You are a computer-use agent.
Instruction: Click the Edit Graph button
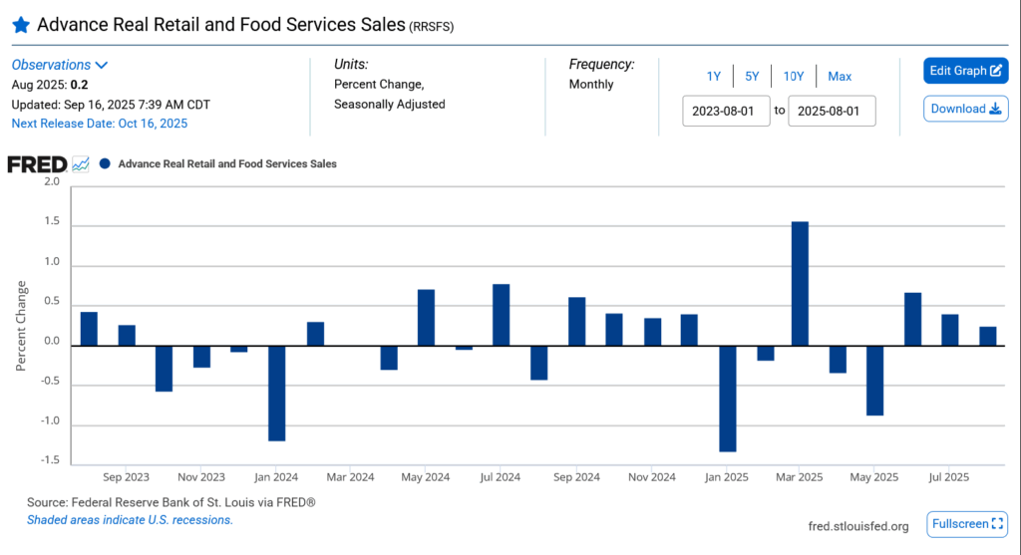pyautogui.click(x=965, y=71)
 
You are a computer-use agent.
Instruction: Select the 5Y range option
pyautogui.click(x=752, y=76)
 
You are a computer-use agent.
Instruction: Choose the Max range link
pyautogui.click(x=840, y=76)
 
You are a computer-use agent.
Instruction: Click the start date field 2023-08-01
pyautogui.click(x=726, y=110)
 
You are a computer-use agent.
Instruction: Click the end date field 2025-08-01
pyautogui.click(x=832, y=110)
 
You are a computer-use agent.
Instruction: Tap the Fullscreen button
pyautogui.click(x=965, y=523)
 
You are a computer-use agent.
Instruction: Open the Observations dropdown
pyautogui.click(x=60, y=65)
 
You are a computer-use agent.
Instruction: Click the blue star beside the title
pyautogui.click(x=20, y=24)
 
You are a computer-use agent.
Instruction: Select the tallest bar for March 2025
pyautogui.click(x=800, y=283)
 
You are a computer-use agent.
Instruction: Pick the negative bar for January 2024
pyautogui.click(x=276, y=393)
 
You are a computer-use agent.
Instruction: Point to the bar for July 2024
pyautogui.click(x=501, y=315)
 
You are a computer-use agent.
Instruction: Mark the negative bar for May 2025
pyautogui.click(x=874, y=380)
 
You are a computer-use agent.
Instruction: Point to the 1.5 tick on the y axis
pyautogui.click(x=51, y=224)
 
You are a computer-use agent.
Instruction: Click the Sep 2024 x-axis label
pyautogui.click(x=575, y=477)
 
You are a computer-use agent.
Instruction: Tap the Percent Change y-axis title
pyautogui.click(x=21, y=326)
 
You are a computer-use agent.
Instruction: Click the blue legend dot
pyautogui.click(x=105, y=163)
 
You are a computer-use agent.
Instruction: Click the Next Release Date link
pyautogui.click(x=99, y=124)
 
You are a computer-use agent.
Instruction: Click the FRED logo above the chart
pyautogui.click(x=37, y=163)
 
